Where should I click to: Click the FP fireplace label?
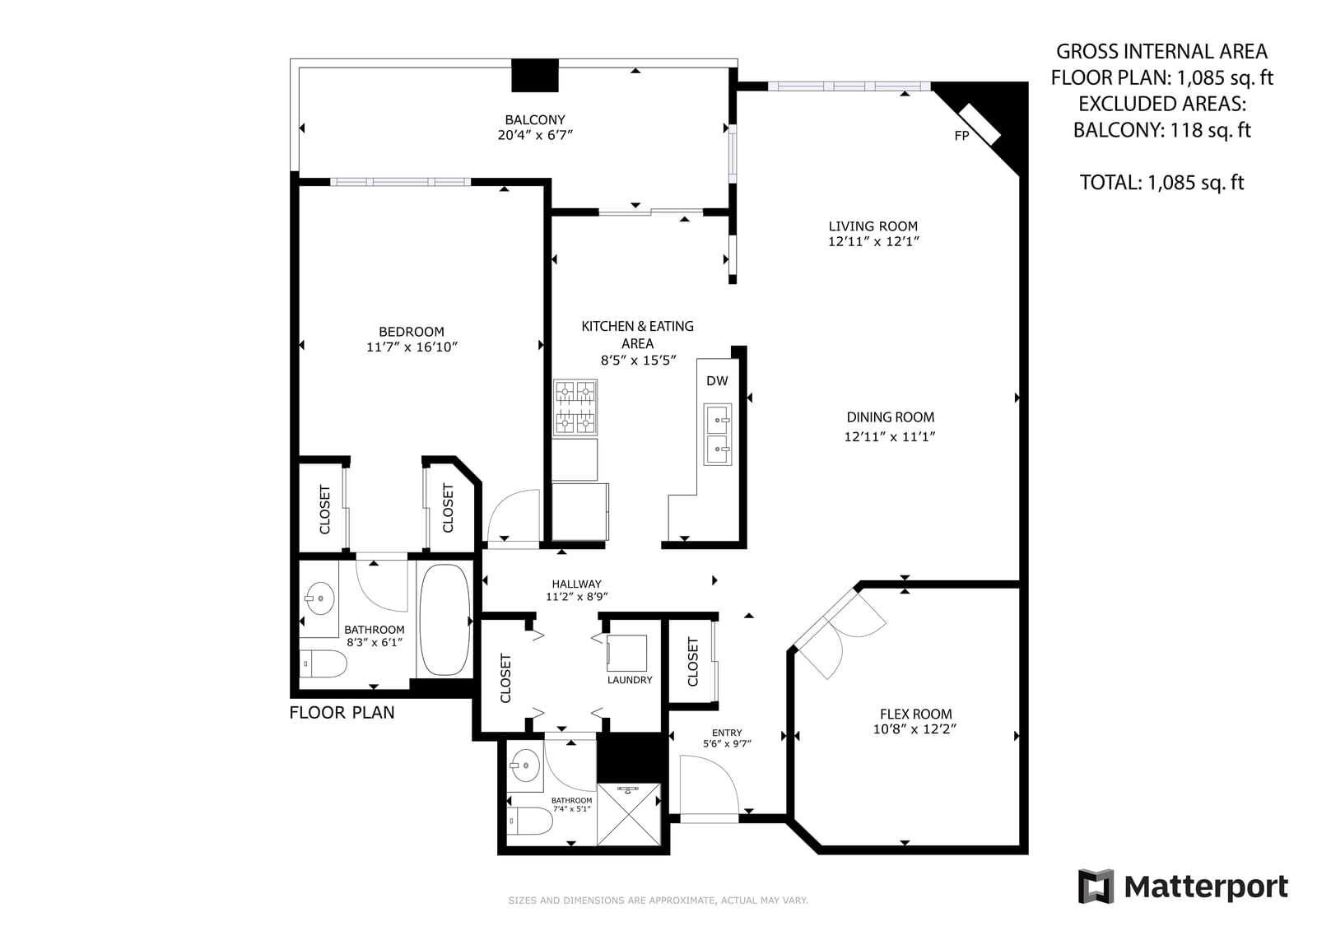click(x=961, y=136)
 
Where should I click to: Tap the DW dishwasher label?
click(x=717, y=380)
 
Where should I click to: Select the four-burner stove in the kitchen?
click(x=575, y=407)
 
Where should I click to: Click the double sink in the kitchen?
click(x=717, y=434)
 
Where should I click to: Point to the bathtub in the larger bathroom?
click(x=445, y=619)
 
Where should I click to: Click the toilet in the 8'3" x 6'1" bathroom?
click(x=323, y=664)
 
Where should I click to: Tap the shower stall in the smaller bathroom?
click(x=629, y=815)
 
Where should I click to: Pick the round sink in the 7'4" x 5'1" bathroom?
click(x=525, y=766)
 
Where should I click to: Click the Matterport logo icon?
click(x=1096, y=887)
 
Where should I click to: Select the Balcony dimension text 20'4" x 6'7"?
click(x=535, y=135)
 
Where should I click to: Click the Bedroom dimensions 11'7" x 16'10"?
click(x=412, y=347)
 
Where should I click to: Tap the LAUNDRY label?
click(x=630, y=680)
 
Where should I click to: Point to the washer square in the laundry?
click(x=626, y=653)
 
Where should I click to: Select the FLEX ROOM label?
click(x=915, y=714)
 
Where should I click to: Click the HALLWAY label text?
click(x=576, y=584)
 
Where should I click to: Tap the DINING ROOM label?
click(x=890, y=417)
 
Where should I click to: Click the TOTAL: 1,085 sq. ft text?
click(x=1161, y=182)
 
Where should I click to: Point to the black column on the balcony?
click(x=534, y=75)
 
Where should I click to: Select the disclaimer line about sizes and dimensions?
click(x=658, y=901)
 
